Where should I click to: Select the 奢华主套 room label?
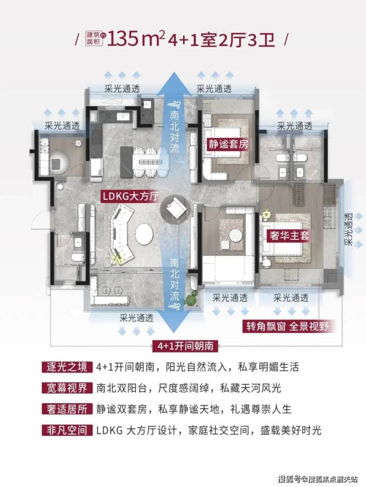(x=289, y=235)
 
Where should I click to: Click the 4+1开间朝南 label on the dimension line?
(x=185, y=346)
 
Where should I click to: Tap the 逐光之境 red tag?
(x=67, y=367)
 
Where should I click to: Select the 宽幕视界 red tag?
(x=67, y=388)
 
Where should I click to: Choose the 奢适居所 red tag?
(x=67, y=409)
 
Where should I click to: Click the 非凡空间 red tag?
(x=67, y=430)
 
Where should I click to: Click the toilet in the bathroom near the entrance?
(x=77, y=257)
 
